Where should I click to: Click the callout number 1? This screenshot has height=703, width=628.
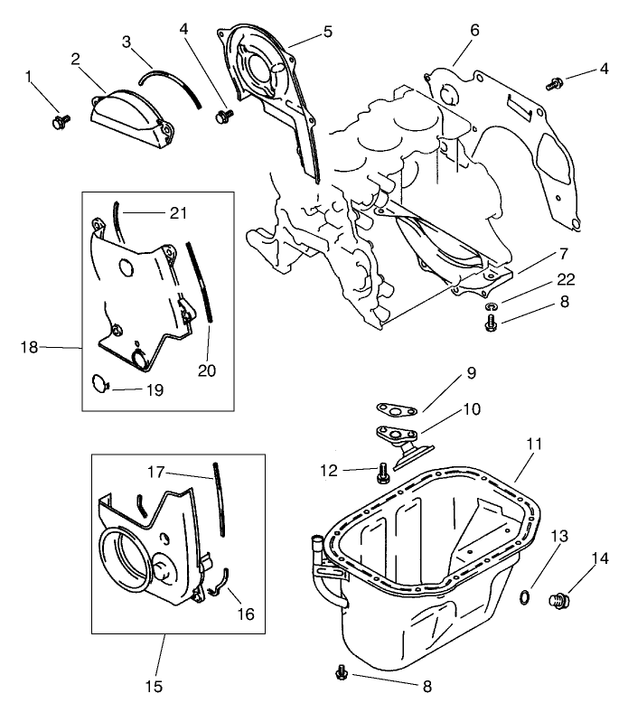click(29, 80)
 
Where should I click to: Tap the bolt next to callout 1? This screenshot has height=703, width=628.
click(61, 119)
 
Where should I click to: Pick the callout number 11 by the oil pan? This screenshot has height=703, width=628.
click(534, 444)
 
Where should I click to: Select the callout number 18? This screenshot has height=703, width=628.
click(29, 346)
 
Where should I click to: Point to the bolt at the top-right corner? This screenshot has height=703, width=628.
click(555, 84)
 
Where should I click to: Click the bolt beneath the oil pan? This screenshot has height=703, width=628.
click(342, 672)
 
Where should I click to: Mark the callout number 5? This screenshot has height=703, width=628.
click(326, 31)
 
